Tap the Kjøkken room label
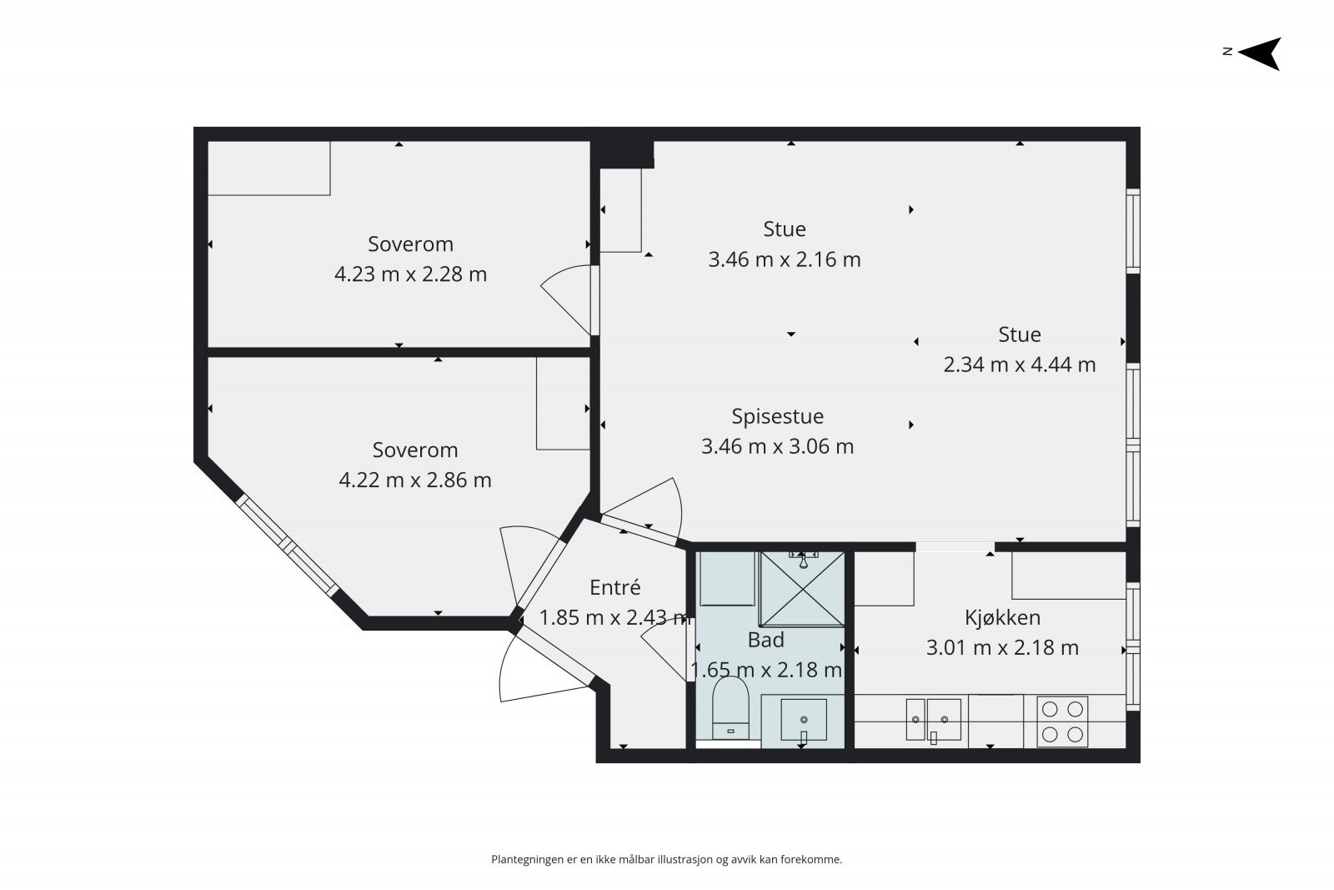click(1002, 618)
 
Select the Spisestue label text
click(777, 416)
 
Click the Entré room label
click(614, 587)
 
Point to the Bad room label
click(766, 640)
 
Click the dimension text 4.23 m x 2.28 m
click(410, 274)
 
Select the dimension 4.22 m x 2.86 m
click(415, 480)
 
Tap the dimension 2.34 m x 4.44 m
click(1019, 365)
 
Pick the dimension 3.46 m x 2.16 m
click(785, 259)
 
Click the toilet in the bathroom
click(730, 708)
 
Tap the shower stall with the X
click(803, 589)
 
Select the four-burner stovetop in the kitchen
click(1062, 722)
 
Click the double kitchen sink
click(933, 720)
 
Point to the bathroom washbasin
click(804, 720)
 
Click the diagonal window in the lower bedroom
click(287, 545)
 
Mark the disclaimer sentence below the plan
click(666, 860)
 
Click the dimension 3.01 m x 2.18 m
click(1002, 647)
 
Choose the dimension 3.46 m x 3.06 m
click(777, 447)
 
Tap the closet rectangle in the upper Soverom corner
click(268, 168)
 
